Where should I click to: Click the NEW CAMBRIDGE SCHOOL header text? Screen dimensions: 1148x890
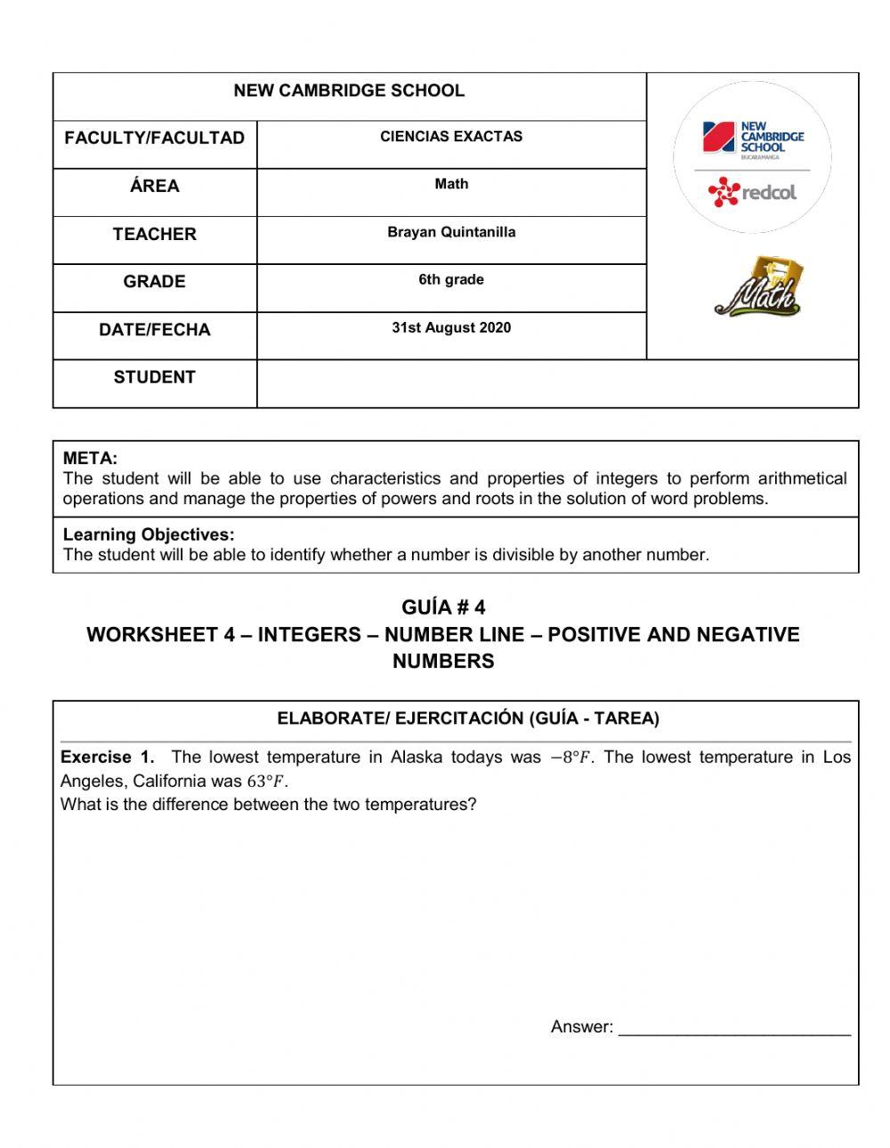coord(348,91)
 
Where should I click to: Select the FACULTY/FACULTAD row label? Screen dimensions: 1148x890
coord(154,138)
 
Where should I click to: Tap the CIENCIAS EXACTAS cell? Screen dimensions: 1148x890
coord(451,137)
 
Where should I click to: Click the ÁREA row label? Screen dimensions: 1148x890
coord(154,186)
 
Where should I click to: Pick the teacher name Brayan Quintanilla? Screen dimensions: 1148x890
coord(451,232)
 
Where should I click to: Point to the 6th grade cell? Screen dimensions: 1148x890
coord(451,280)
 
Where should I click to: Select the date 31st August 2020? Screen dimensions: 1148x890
coord(451,328)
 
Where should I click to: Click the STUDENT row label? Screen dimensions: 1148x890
coord(154,377)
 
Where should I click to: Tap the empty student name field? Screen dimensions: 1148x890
coord(557,384)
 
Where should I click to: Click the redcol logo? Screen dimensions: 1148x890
coord(752,191)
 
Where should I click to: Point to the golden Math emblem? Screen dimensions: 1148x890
coord(757,286)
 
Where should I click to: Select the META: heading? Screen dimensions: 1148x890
coord(90,459)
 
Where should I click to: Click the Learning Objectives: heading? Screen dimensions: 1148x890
coord(149,534)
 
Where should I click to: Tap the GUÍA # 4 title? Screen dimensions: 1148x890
coord(443,607)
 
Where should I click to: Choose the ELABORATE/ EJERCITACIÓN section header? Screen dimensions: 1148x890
coord(468,719)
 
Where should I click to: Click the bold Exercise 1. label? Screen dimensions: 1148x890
coord(107,758)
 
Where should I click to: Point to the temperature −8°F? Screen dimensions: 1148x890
coord(570,758)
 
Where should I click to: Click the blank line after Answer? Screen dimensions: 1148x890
coord(734,1028)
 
